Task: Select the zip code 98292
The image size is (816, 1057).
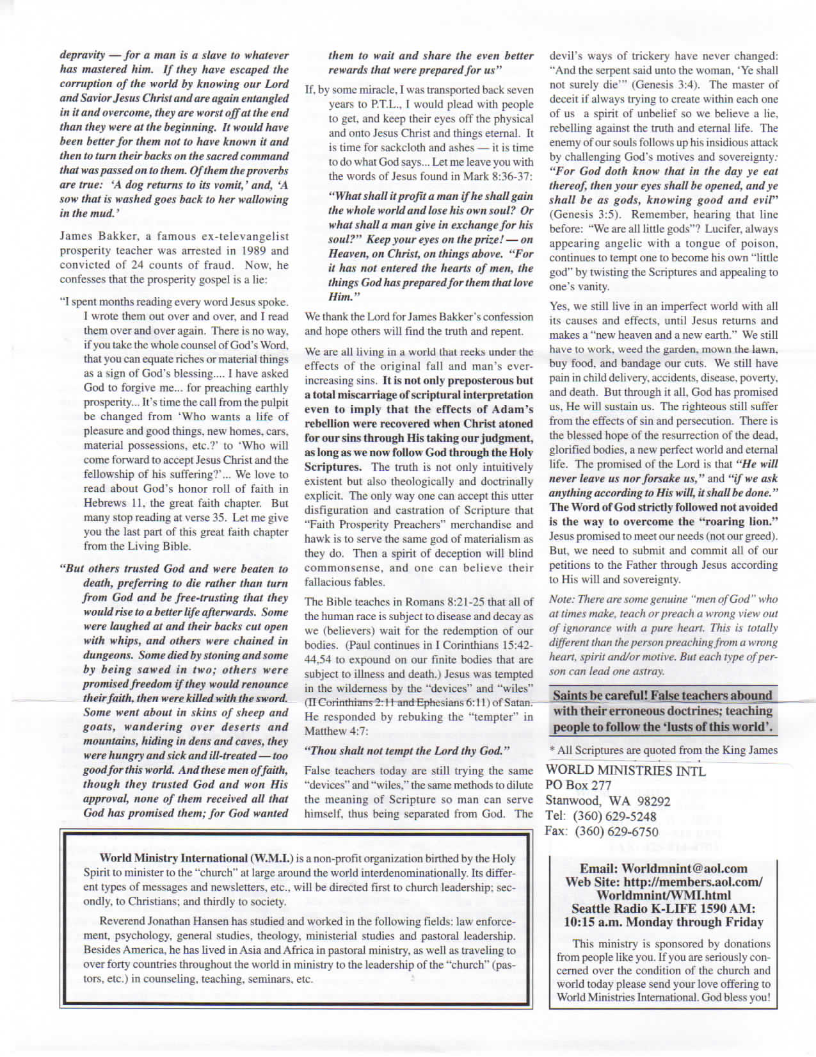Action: [x=649, y=801]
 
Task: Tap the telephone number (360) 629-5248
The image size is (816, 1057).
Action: [x=615, y=817]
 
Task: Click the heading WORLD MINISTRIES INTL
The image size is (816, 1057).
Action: [x=625, y=771]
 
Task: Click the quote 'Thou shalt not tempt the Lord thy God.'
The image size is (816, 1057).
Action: [x=407, y=751]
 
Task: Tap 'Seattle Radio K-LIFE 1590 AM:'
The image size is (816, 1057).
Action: [x=663, y=909]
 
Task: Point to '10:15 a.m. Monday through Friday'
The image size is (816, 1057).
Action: [x=663, y=922]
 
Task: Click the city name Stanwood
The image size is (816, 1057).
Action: [x=572, y=801]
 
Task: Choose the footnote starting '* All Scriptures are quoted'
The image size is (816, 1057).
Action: [x=663, y=750]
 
